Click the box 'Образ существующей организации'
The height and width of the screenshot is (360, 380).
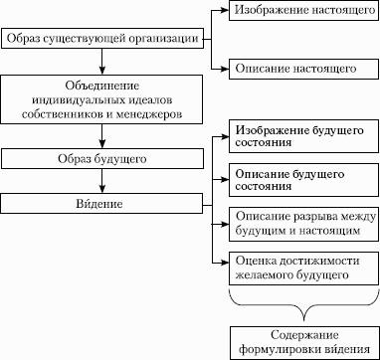102,39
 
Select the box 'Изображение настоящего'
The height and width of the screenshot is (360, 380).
304,10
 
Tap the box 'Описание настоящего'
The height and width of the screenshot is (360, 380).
303,69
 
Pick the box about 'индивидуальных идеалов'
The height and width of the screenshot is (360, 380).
102,99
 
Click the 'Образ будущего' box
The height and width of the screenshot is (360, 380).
102,158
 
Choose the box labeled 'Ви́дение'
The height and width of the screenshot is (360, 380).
101,203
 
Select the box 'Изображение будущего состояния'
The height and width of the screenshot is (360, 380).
303,136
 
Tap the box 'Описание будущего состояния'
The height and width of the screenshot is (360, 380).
303,180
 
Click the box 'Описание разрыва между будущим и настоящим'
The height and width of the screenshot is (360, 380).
303,225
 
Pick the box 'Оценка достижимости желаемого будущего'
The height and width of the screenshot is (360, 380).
303,269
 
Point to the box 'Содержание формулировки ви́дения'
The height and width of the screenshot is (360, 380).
304,343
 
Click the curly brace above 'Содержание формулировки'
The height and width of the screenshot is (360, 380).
303,306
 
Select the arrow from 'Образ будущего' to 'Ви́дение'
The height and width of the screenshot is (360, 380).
102,181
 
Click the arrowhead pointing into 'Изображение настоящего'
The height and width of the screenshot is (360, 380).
226,10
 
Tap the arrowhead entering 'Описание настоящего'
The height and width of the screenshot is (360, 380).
226,69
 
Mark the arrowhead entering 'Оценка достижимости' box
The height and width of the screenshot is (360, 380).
226,263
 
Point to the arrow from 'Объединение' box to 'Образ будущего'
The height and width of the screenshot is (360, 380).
102,136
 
